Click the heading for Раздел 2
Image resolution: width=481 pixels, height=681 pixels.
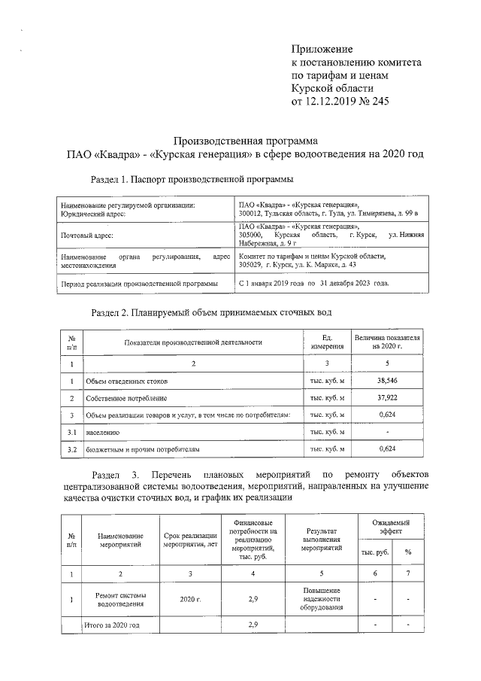pyautogui.click(x=210, y=312)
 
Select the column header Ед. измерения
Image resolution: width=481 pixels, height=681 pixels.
pyautogui.click(x=327, y=342)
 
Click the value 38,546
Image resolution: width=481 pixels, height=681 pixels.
pyautogui.click(x=386, y=381)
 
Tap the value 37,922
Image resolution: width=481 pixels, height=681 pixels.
pyautogui.click(x=386, y=397)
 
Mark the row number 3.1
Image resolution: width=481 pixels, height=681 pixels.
pyautogui.click(x=72, y=432)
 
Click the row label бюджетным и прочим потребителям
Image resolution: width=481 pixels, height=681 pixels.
pyautogui.click(x=142, y=449)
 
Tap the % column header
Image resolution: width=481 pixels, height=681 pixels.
pyautogui.click(x=407, y=552)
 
